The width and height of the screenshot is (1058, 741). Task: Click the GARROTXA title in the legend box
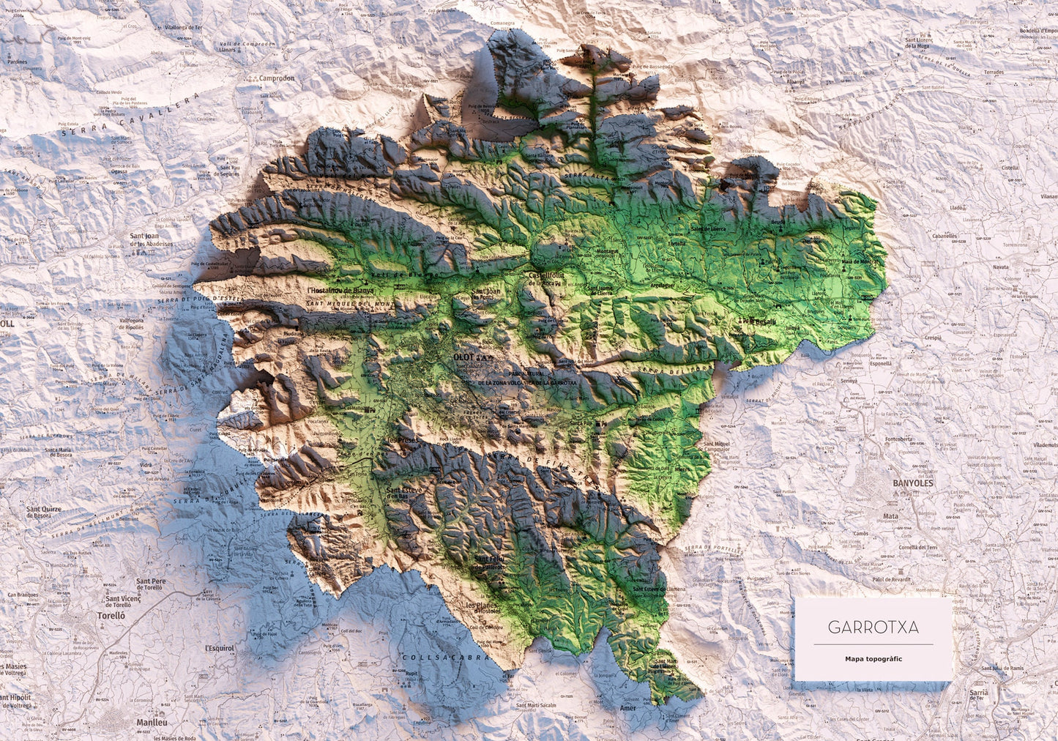[x=873, y=628]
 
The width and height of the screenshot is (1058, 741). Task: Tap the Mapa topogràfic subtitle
[x=873, y=658]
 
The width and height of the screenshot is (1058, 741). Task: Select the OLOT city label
[x=464, y=357]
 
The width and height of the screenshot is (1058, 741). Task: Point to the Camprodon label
[x=276, y=78]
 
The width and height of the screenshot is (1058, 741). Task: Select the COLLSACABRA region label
[x=446, y=658]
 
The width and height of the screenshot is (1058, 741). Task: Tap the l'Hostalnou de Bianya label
[x=340, y=290]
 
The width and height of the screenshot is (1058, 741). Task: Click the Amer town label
[x=628, y=708]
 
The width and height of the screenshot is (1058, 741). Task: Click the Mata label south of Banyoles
[x=890, y=515]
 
